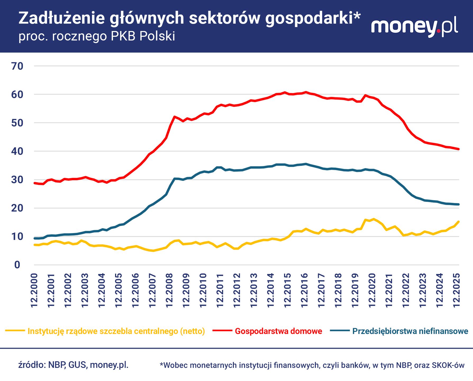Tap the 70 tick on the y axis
coord(17,66)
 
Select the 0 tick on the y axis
coord(17,265)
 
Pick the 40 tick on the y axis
coord(17,151)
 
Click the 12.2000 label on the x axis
coord(34,291)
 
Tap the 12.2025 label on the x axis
coord(457,291)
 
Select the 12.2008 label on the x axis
coord(169,291)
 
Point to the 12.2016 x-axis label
coord(304,291)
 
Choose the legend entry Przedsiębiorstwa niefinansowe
coord(410,331)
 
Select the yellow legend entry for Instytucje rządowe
coord(116,331)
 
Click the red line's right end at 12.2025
coord(458,149)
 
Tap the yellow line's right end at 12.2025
coord(458,222)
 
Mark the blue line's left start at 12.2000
coord(35,238)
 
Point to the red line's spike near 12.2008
coord(174,117)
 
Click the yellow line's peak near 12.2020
coord(374,219)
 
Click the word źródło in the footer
coord(30,365)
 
